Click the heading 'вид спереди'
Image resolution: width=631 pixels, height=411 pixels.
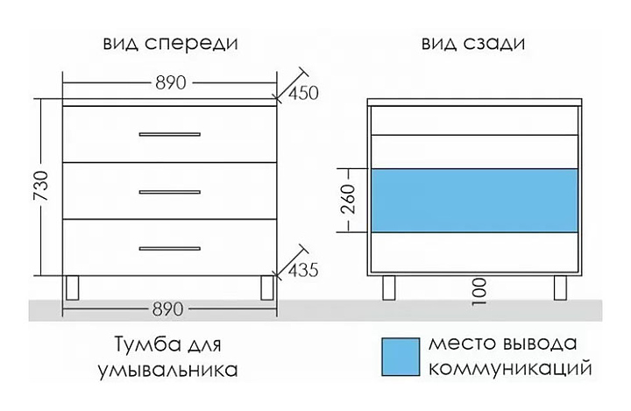coord(171,43)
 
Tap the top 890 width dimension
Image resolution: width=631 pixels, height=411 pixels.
coord(171,84)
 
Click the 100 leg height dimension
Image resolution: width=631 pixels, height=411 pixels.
coord(478,290)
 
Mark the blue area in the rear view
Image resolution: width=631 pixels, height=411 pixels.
coord(474,200)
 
